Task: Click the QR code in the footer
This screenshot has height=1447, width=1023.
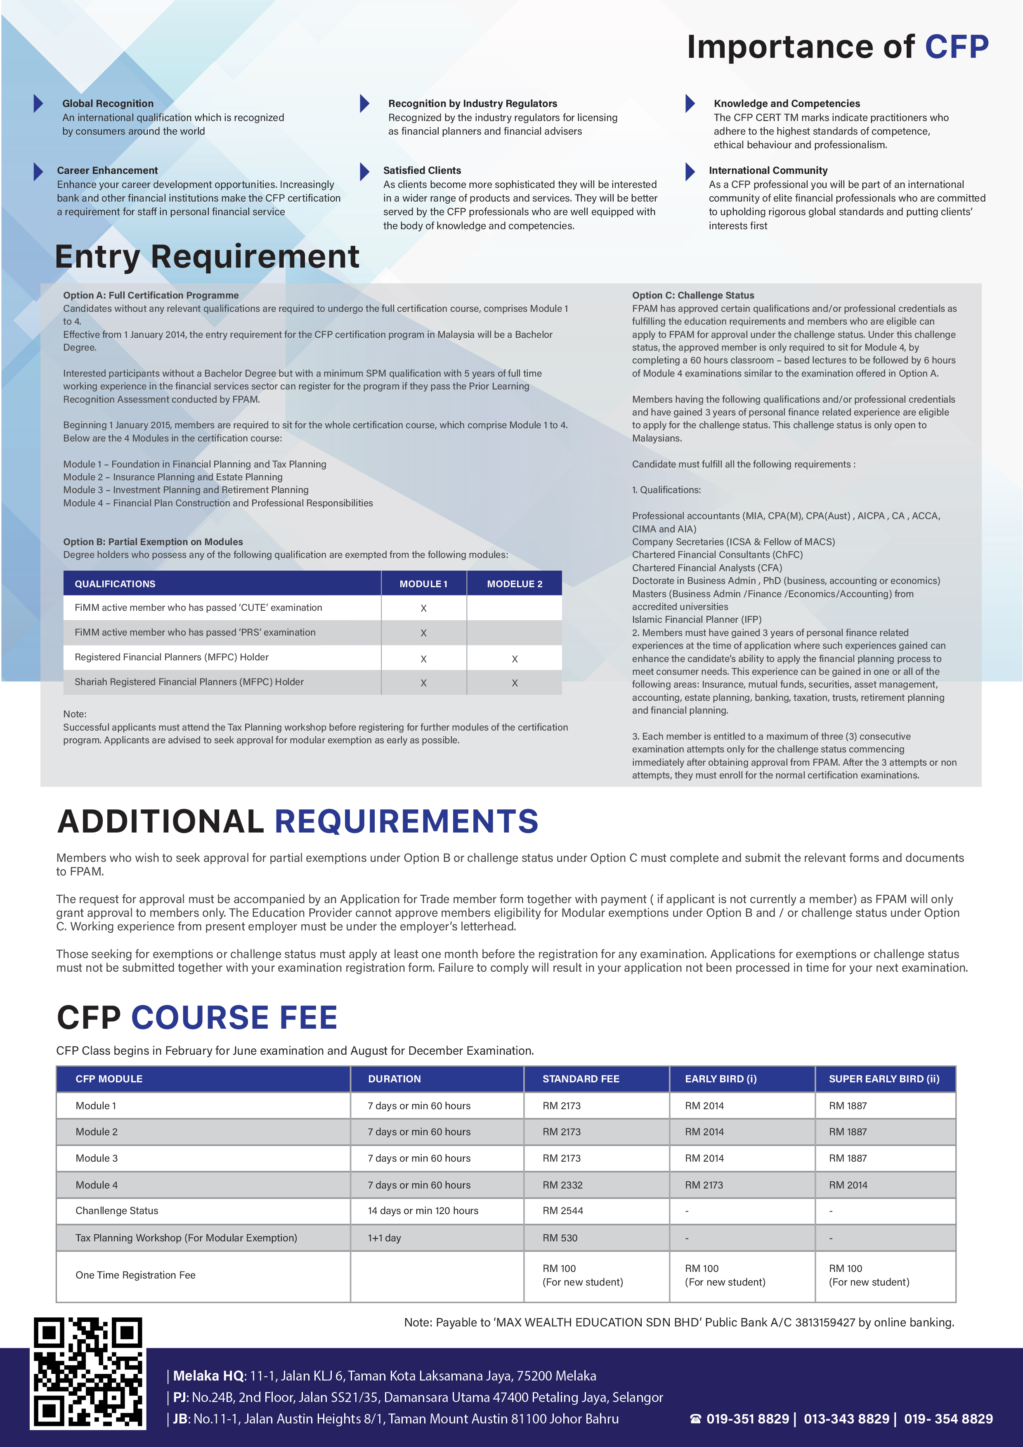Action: click(87, 1372)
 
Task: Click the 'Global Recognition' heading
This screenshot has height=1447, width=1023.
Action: click(108, 103)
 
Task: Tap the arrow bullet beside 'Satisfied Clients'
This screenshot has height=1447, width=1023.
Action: click(364, 171)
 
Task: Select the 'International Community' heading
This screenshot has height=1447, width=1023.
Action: click(768, 170)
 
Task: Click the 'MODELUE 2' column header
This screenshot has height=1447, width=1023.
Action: click(514, 584)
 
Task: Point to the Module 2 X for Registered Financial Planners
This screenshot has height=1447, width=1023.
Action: click(515, 659)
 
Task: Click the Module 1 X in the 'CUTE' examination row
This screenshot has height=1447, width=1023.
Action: click(423, 608)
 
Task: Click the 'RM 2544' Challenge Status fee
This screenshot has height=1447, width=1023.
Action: click(562, 1211)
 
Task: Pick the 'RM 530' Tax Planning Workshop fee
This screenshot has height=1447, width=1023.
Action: click(560, 1238)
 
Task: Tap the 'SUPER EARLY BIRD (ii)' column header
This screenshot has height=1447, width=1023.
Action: click(884, 1079)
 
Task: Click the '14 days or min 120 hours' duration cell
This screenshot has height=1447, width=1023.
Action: click(423, 1211)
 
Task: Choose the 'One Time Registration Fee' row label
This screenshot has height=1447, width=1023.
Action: click(135, 1275)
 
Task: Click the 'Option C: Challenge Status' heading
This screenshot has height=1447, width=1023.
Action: click(693, 295)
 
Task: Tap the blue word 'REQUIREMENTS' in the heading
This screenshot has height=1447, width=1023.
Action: click(406, 821)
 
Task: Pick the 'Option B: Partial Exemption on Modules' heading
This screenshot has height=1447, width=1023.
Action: click(152, 541)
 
